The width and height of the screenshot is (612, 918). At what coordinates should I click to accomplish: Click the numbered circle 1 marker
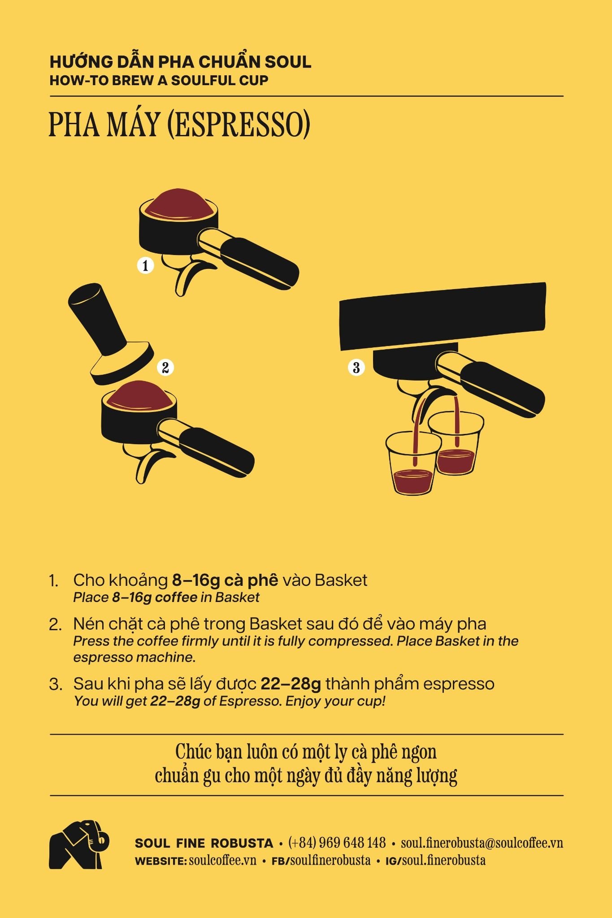point(145,265)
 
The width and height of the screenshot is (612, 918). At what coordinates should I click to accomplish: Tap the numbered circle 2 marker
point(165,368)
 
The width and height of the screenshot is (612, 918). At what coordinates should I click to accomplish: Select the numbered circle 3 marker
point(356,368)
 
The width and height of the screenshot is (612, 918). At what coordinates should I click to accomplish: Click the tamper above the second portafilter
point(110,334)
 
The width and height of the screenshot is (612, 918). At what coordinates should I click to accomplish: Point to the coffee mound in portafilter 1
point(178,204)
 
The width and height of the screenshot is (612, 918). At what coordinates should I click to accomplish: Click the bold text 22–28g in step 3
point(291,684)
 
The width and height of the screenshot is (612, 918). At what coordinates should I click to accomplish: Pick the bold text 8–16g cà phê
point(225,580)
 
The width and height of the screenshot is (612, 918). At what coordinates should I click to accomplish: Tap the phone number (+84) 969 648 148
point(337,843)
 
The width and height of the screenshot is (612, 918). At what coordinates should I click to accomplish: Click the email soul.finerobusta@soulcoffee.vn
point(482,843)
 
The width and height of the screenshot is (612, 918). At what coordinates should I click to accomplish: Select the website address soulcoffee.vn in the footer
point(223,860)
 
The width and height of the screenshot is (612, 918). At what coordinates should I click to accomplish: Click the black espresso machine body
point(443,316)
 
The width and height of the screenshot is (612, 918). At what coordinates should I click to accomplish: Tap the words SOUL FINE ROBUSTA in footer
point(204,843)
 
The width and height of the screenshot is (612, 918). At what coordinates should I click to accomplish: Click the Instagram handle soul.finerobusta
point(444,860)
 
